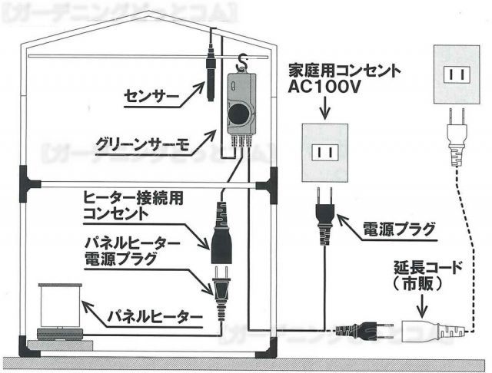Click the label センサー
(151, 97)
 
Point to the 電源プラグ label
(399, 229)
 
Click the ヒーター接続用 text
(134, 198)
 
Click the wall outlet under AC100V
(324, 152)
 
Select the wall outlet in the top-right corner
(458, 75)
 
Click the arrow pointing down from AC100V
(324, 110)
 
